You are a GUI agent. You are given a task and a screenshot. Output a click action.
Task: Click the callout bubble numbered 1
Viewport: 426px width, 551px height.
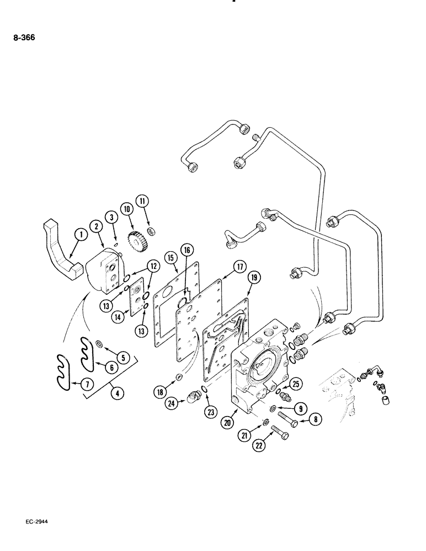(80, 235)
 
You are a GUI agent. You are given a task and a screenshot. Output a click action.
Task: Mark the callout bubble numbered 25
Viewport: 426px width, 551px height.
(295, 383)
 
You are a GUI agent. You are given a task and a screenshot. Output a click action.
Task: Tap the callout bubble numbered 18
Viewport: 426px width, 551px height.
(159, 392)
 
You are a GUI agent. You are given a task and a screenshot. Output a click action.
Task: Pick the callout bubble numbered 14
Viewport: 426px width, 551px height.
(118, 317)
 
